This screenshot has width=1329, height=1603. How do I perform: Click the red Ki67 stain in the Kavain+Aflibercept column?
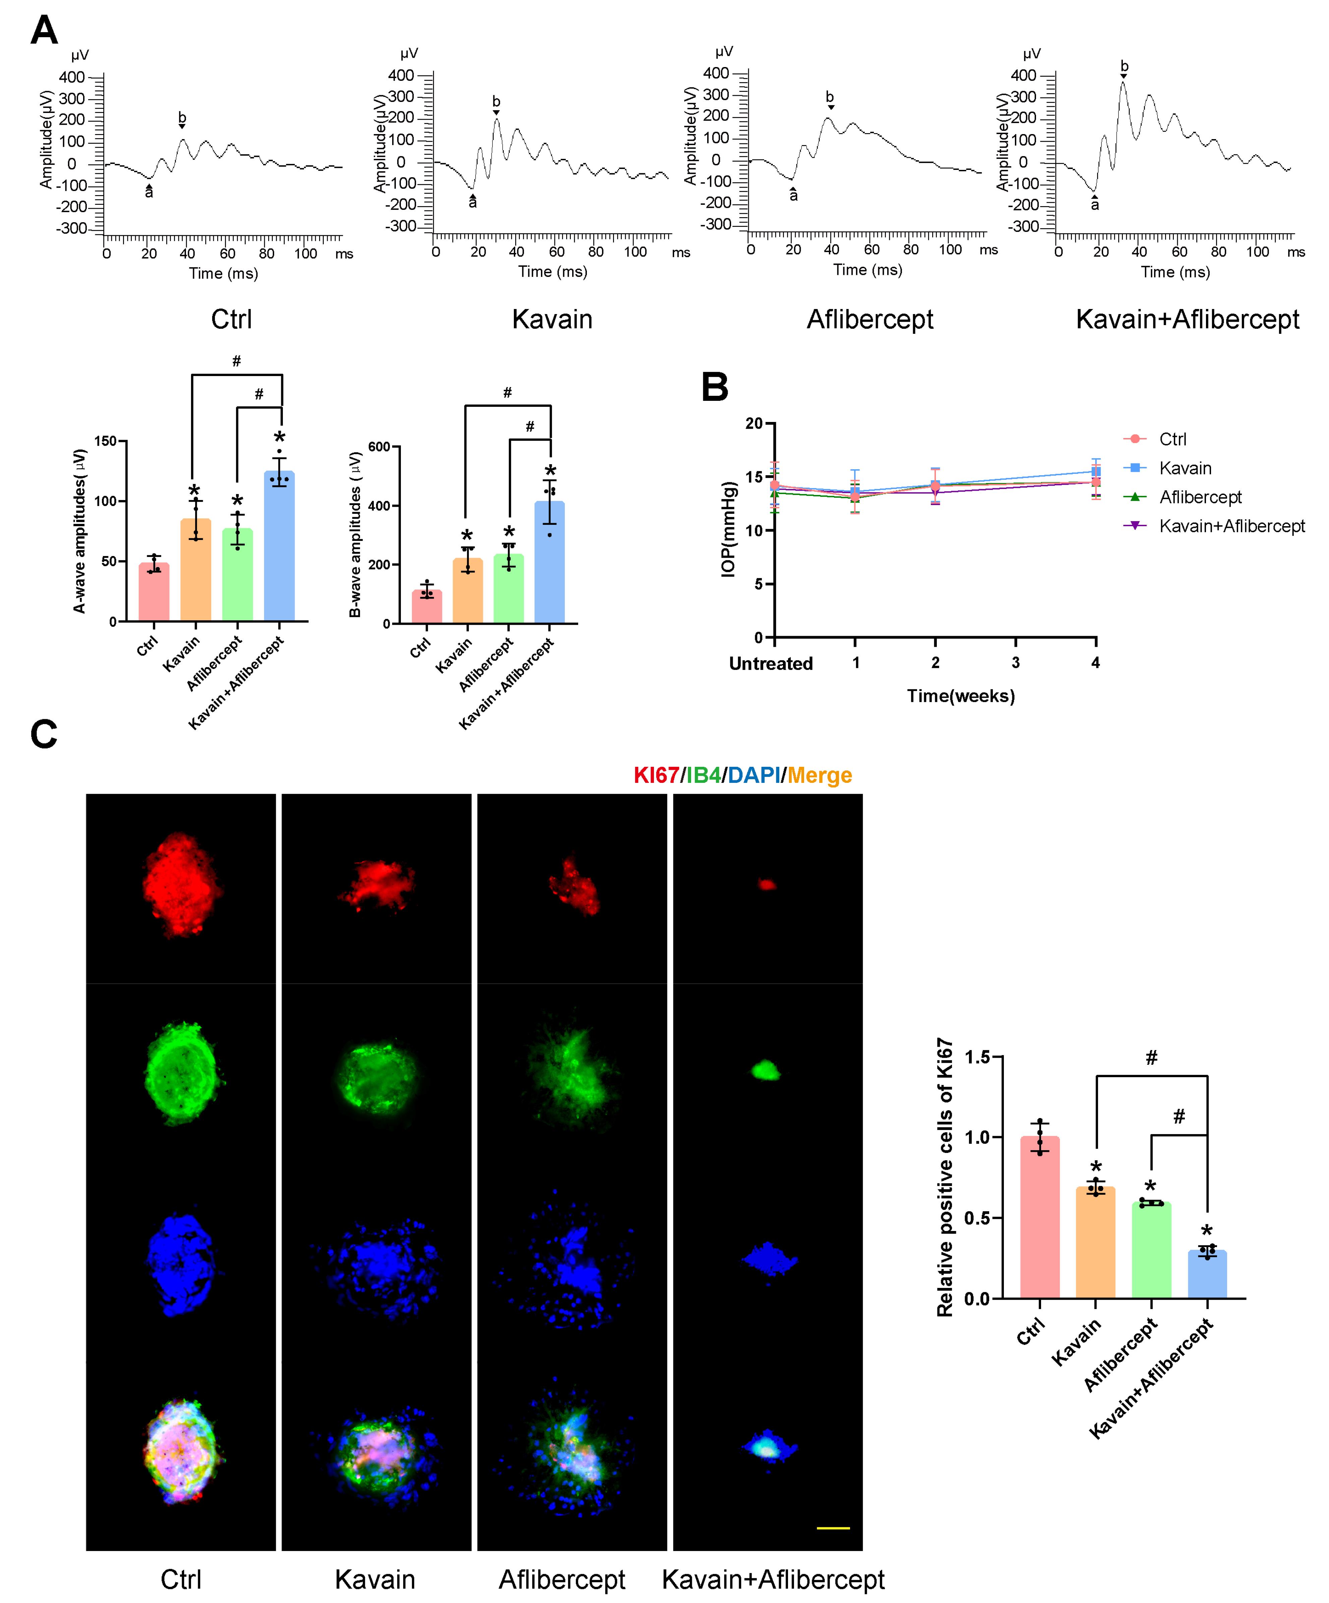(x=767, y=885)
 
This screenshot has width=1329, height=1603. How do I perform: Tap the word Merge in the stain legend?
(x=820, y=776)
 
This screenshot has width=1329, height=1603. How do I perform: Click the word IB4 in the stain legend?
(x=703, y=776)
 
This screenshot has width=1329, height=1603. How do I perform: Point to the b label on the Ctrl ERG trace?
(x=182, y=118)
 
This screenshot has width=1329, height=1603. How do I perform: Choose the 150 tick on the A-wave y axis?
(x=105, y=441)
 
